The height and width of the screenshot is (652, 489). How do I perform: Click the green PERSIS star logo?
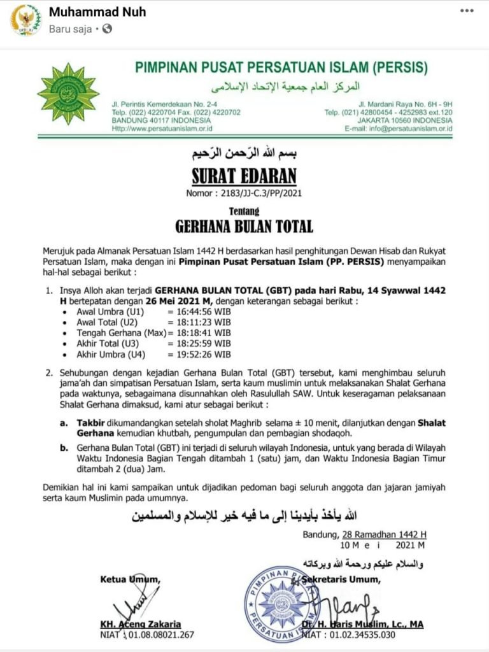68,94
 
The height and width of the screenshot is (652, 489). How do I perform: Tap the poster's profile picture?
26,20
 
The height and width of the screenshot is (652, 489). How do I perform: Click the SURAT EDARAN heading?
243,175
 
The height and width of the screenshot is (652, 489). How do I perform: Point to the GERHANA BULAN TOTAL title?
244,225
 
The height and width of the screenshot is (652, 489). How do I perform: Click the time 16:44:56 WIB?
199,312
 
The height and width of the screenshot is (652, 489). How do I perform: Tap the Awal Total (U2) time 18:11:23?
199,322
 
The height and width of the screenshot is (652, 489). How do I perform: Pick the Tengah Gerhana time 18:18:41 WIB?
199,333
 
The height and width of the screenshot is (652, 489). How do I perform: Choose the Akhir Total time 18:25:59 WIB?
199,344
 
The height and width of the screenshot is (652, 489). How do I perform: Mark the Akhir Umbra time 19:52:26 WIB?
199,355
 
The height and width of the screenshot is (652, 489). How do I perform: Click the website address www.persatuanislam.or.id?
173,128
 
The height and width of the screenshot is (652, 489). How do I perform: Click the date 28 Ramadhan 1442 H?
385,534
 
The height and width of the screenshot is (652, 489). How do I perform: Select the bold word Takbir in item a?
91,422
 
